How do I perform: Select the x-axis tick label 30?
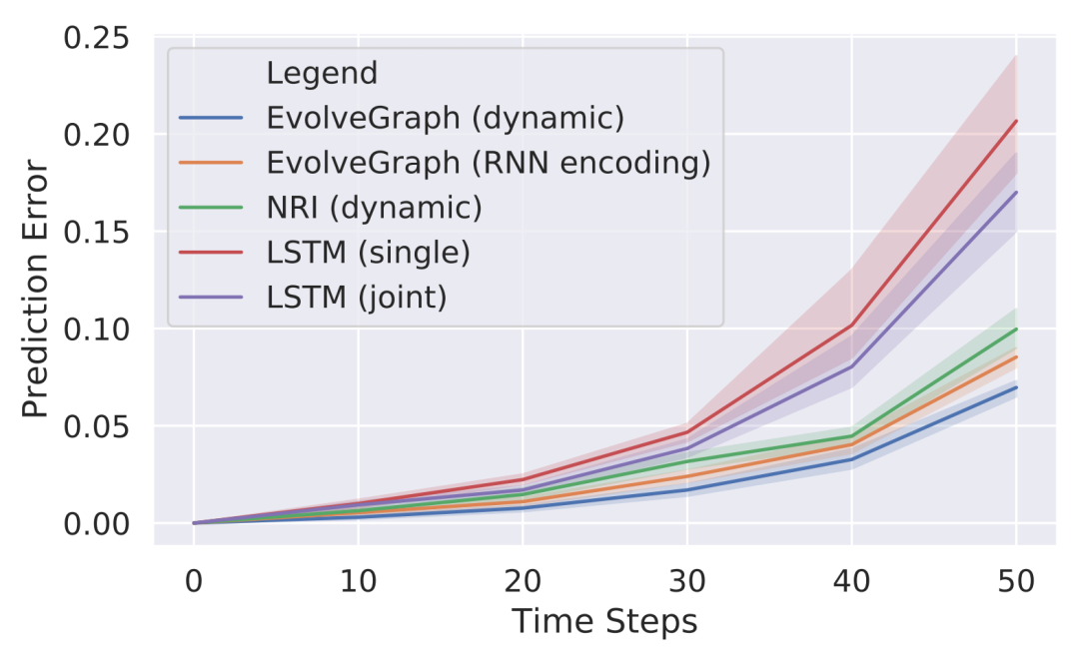pos(686,580)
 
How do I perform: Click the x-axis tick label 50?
pos(1016,580)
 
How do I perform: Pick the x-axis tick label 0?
pos(194,580)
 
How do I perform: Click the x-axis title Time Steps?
pos(604,623)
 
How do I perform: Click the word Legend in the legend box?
pos(322,73)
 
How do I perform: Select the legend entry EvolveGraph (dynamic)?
pos(445,118)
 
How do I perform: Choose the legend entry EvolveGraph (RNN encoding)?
pos(489,163)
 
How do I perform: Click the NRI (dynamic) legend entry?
pos(374,208)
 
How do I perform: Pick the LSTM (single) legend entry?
pos(368,253)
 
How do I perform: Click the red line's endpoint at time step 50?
pos(1016,121)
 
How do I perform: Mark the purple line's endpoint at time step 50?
pos(1016,193)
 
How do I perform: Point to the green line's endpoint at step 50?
pos(1016,329)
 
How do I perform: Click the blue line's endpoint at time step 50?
pos(1016,387)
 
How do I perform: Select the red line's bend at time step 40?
pos(851,326)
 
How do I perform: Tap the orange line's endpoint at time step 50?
pos(1016,356)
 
